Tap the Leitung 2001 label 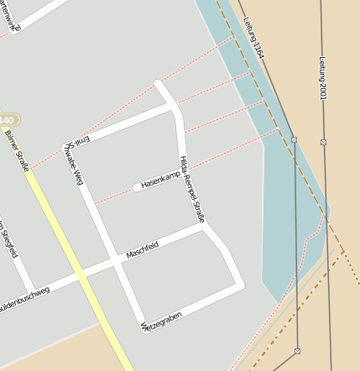click(321, 77)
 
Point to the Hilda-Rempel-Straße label click(192, 188)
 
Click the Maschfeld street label click(142, 248)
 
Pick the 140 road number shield click(8, 118)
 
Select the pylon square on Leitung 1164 click(294, 139)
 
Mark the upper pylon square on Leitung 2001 click(323, 142)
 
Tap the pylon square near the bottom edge click(297, 351)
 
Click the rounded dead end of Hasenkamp click(137, 187)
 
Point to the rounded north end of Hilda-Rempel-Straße click(159, 83)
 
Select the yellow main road click(76, 260)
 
